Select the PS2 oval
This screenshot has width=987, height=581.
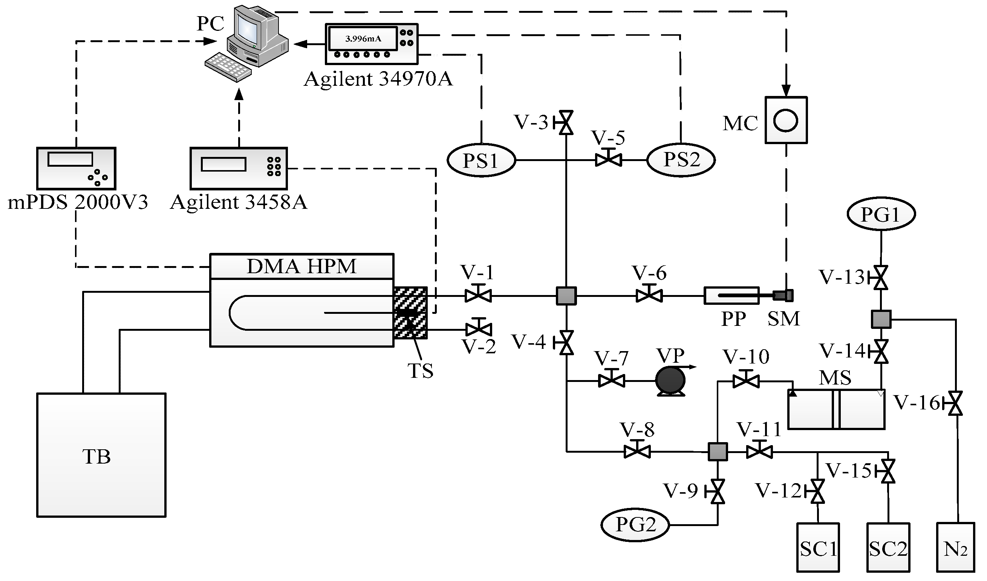click(681, 160)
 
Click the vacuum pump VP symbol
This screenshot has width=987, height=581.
click(670, 380)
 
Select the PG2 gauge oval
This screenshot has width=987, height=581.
click(635, 525)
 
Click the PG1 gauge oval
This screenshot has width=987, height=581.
click(881, 214)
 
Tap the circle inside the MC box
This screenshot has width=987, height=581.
click(785, 120)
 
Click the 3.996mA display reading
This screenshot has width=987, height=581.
click(363, 39)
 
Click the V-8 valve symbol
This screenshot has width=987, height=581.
click(637, 452)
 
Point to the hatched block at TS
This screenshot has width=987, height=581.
click(410, 312)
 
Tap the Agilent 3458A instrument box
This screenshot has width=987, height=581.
click(238, 168)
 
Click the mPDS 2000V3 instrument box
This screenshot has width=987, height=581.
click(76, 168)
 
